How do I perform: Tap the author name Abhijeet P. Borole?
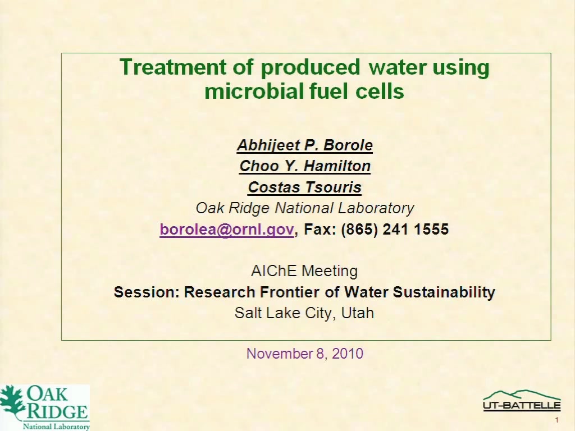305,145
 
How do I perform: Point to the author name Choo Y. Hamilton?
305,166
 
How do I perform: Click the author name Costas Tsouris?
305,187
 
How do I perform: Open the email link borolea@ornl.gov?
227,230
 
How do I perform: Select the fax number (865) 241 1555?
395,230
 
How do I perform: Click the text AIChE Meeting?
304,271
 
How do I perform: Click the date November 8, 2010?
305,354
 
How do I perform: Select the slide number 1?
556,420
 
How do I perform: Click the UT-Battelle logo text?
522,405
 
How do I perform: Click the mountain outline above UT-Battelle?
522,395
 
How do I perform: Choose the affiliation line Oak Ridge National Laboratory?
305,208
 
